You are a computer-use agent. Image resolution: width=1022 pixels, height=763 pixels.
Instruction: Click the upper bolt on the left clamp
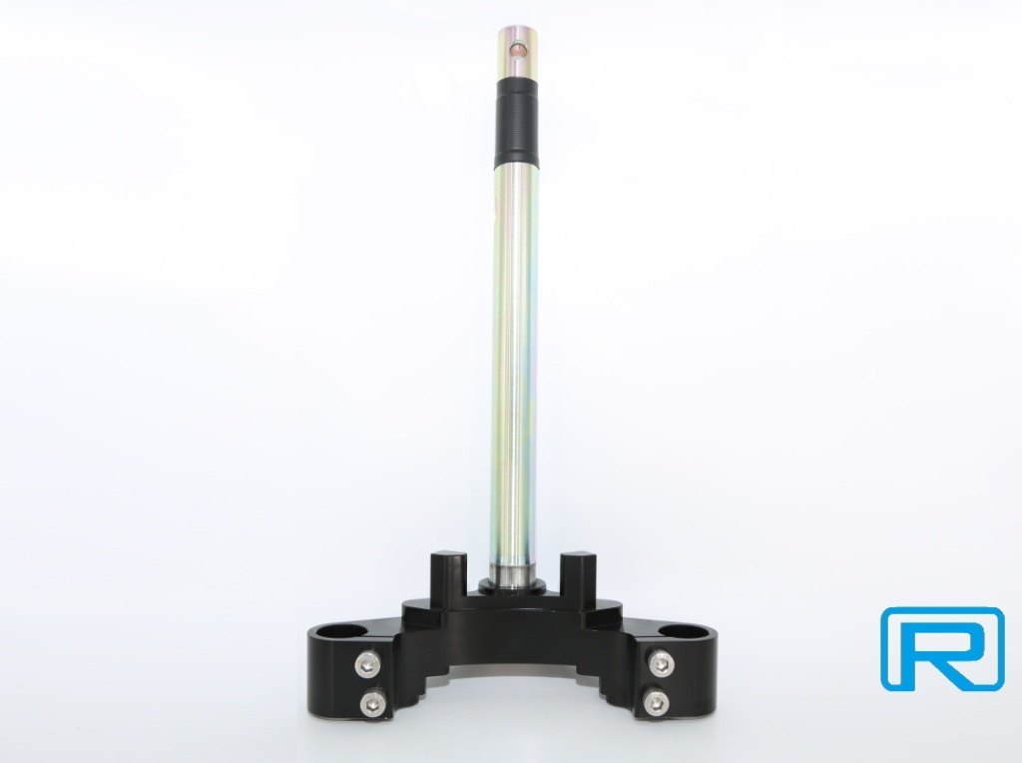365,664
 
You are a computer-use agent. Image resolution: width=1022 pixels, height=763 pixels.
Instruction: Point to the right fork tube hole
679,631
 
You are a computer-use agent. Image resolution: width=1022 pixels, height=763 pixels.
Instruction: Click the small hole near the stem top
517,49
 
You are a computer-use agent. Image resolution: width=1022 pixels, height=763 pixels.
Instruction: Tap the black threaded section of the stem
519,119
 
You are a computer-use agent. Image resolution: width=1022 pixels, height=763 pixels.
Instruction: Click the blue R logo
942,647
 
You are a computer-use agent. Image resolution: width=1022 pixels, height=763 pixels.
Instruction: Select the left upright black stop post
448,572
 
